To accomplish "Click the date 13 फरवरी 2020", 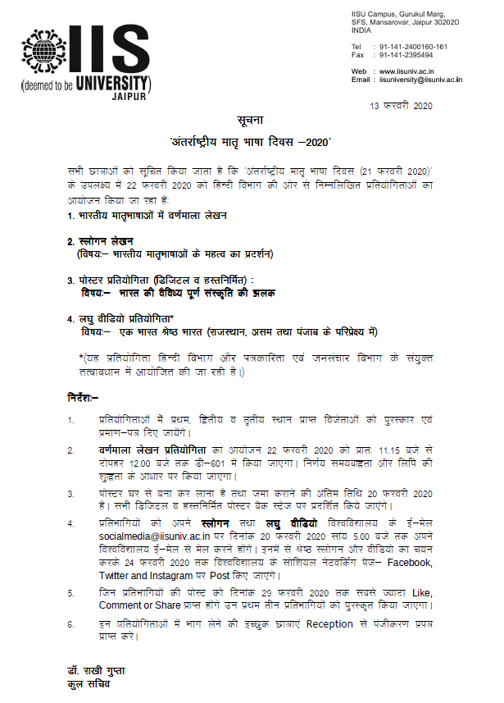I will [401, 107].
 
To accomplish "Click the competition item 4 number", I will [70, 318].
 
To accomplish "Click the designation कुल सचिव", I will [89, 683].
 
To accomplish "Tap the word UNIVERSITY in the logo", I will [109, 82].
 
